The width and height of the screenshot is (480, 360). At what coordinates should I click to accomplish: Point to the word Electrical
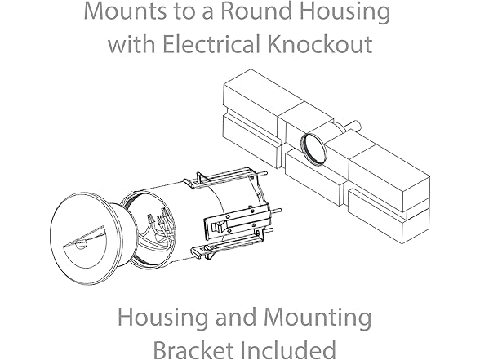212,43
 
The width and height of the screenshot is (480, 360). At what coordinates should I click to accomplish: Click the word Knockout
320,43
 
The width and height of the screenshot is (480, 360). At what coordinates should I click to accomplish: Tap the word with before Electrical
131,43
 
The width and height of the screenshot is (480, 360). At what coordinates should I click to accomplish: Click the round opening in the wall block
313,149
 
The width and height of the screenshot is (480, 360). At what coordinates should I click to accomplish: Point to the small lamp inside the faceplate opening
81,245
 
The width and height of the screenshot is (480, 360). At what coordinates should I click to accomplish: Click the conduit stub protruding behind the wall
354,125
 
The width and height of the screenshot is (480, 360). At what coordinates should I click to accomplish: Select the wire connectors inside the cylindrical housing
158,216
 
